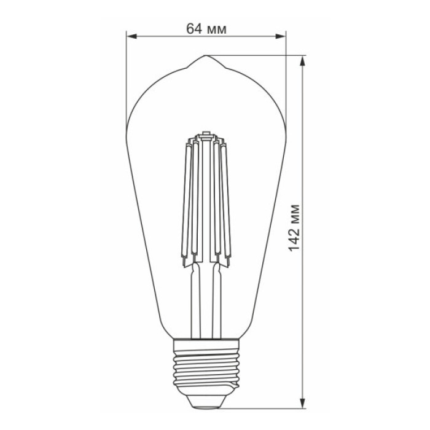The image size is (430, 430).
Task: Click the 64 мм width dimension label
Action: [205, 29]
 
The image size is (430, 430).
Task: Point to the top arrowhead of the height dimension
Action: [304, 60]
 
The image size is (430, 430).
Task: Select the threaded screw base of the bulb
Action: [205, 365]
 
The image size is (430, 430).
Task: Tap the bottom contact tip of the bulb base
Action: [205, 401]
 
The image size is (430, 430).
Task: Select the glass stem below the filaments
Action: [205, 301]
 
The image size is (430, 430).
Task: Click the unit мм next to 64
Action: [216, 29]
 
